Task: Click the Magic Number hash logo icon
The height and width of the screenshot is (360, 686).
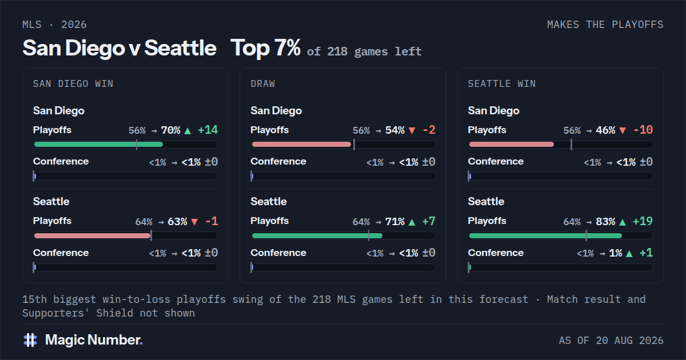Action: (30, 340)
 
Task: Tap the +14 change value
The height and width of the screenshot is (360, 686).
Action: (208, 130)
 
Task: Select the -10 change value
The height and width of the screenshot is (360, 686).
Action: (643, 130)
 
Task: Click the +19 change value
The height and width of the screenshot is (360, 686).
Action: (643, 221)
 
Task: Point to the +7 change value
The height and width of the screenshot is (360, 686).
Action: (428, 221)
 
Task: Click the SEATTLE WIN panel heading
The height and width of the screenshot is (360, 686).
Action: (502, 83)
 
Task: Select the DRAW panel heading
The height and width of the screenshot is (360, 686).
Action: (263, 83)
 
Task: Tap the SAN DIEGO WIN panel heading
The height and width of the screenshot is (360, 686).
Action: (73, 83)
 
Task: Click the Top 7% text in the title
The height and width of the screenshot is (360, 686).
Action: (265, 48)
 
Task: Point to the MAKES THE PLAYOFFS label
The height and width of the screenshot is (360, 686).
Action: (605, 25)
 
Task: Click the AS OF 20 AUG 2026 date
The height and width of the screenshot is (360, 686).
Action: (611, 341)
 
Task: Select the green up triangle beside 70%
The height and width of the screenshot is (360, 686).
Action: (188, 131)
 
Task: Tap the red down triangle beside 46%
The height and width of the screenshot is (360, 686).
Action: (623, 131)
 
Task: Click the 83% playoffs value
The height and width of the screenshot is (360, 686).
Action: (605, 221)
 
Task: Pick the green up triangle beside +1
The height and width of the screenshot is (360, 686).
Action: (629, 254)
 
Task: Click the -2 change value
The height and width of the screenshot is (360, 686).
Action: (429, 130)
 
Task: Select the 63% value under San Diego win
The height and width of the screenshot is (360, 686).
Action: (177, 221)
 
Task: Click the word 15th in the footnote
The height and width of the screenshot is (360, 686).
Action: (35, 299)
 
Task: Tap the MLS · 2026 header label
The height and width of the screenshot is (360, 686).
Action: (54, 25)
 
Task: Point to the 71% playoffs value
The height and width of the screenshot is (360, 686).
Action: (395, 221)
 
